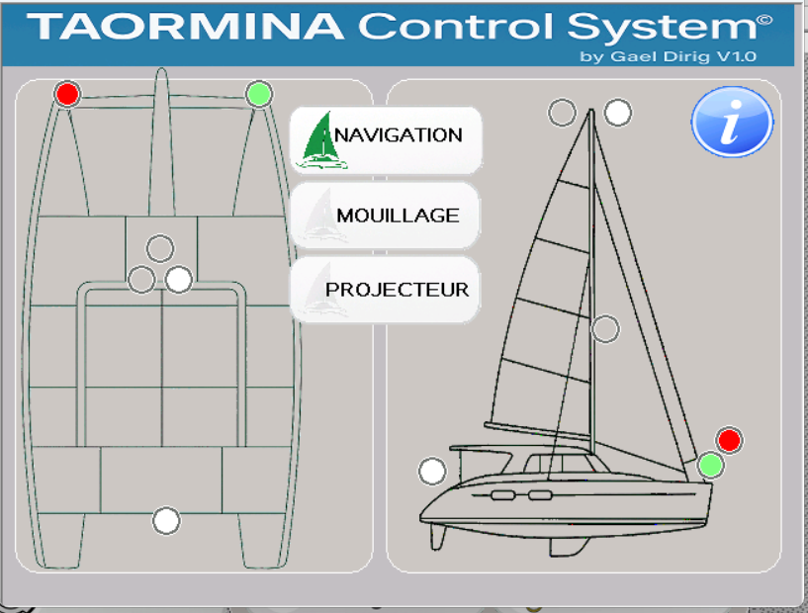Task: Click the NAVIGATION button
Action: click(x=386, y=136)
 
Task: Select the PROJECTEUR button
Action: click(x=385, y=290)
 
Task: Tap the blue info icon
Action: click(x=732, y=122)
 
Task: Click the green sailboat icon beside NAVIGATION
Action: click(x=321, y=138)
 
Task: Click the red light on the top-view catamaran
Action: click(x=67, y=94)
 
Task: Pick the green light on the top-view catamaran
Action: click(x=259, y=94)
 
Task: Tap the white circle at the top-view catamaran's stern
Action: click(x=166, y=520)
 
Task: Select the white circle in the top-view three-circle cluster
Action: click(x=179, y=280)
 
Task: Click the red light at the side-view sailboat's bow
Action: click(x=729, y=440)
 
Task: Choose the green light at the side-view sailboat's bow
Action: click(x=710, y=465)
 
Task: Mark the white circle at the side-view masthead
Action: click(x=618, y=113)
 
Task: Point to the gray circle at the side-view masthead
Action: click(x=562, y=113)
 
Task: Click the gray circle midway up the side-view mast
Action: click(x=605, y=329)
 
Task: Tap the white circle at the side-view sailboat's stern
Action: click(x=432, y=472)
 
